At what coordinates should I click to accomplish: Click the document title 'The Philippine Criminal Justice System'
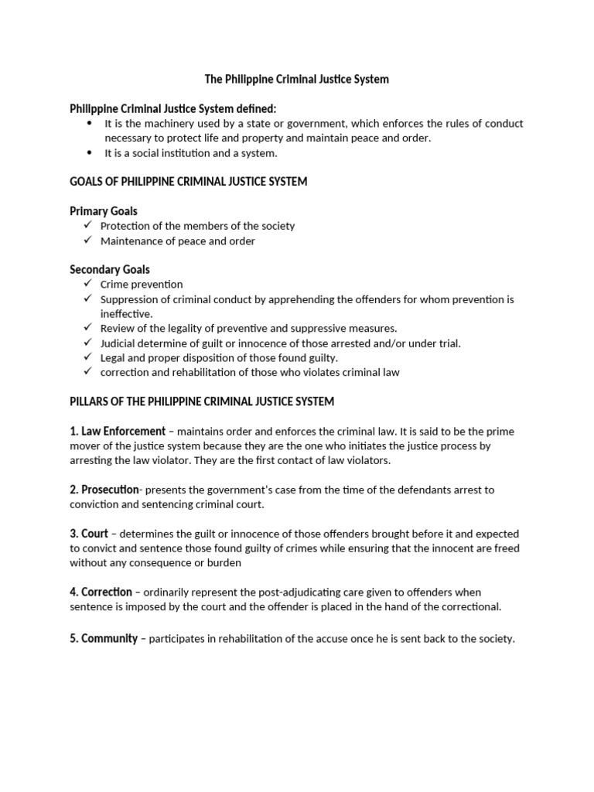coord(296,79)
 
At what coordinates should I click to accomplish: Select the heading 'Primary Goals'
coord(104,211)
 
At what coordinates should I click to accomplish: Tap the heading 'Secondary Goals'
coord(110,270)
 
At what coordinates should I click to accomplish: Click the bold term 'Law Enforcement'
coord(123,431)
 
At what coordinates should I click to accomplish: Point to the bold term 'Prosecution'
coord(110,490)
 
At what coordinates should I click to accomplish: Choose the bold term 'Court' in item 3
coord(94,534)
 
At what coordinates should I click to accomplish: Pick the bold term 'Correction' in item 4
coord(107,592)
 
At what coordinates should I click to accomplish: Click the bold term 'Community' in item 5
coord(109,639)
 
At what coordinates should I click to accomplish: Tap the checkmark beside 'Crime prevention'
coord(87,284)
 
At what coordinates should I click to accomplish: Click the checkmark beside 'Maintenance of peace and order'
coord(87,241)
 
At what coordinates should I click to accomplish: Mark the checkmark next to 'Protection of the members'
coord(87,226)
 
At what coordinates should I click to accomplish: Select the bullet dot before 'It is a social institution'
coord(89,152)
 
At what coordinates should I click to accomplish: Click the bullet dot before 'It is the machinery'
coord(89,123)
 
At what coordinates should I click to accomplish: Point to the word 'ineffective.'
coord(127,313)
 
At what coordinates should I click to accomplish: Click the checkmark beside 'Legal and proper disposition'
coord(87,357)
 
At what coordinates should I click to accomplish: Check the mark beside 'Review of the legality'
coord(87,328)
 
